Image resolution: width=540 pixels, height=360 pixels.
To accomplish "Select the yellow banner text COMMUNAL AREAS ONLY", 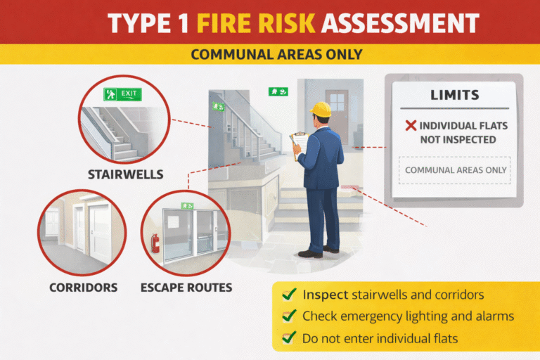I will point(271,54).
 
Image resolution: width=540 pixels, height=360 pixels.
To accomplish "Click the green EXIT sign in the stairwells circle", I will point(122,93).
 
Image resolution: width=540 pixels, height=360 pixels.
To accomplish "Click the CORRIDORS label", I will point(83,288).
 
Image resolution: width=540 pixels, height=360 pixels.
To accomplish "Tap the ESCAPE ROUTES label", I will point(186,288).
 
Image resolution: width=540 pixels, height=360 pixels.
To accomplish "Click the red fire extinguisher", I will point(155,243).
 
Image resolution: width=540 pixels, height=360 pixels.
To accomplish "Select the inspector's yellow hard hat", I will point(321,109).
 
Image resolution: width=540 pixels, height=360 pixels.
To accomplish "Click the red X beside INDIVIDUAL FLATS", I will point(411,126).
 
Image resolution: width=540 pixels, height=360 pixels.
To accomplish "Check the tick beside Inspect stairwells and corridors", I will point(288,295).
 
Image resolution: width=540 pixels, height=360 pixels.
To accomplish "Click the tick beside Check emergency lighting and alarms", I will point(288,316).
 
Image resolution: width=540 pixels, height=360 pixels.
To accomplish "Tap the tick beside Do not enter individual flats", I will point(288,338).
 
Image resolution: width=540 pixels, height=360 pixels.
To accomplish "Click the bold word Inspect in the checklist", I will point(322,295).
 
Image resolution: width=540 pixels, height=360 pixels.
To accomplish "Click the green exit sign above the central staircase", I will point(278,91).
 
